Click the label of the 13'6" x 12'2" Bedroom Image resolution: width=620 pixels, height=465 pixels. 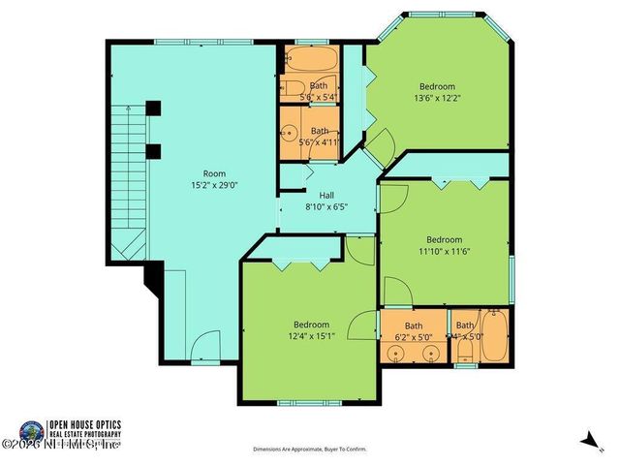click(437, 86)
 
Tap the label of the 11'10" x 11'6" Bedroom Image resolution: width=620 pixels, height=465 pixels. click(445, 239)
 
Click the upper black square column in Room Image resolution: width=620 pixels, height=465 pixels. click(153, 108)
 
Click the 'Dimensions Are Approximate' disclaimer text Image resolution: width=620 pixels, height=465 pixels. click(310, 449)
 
